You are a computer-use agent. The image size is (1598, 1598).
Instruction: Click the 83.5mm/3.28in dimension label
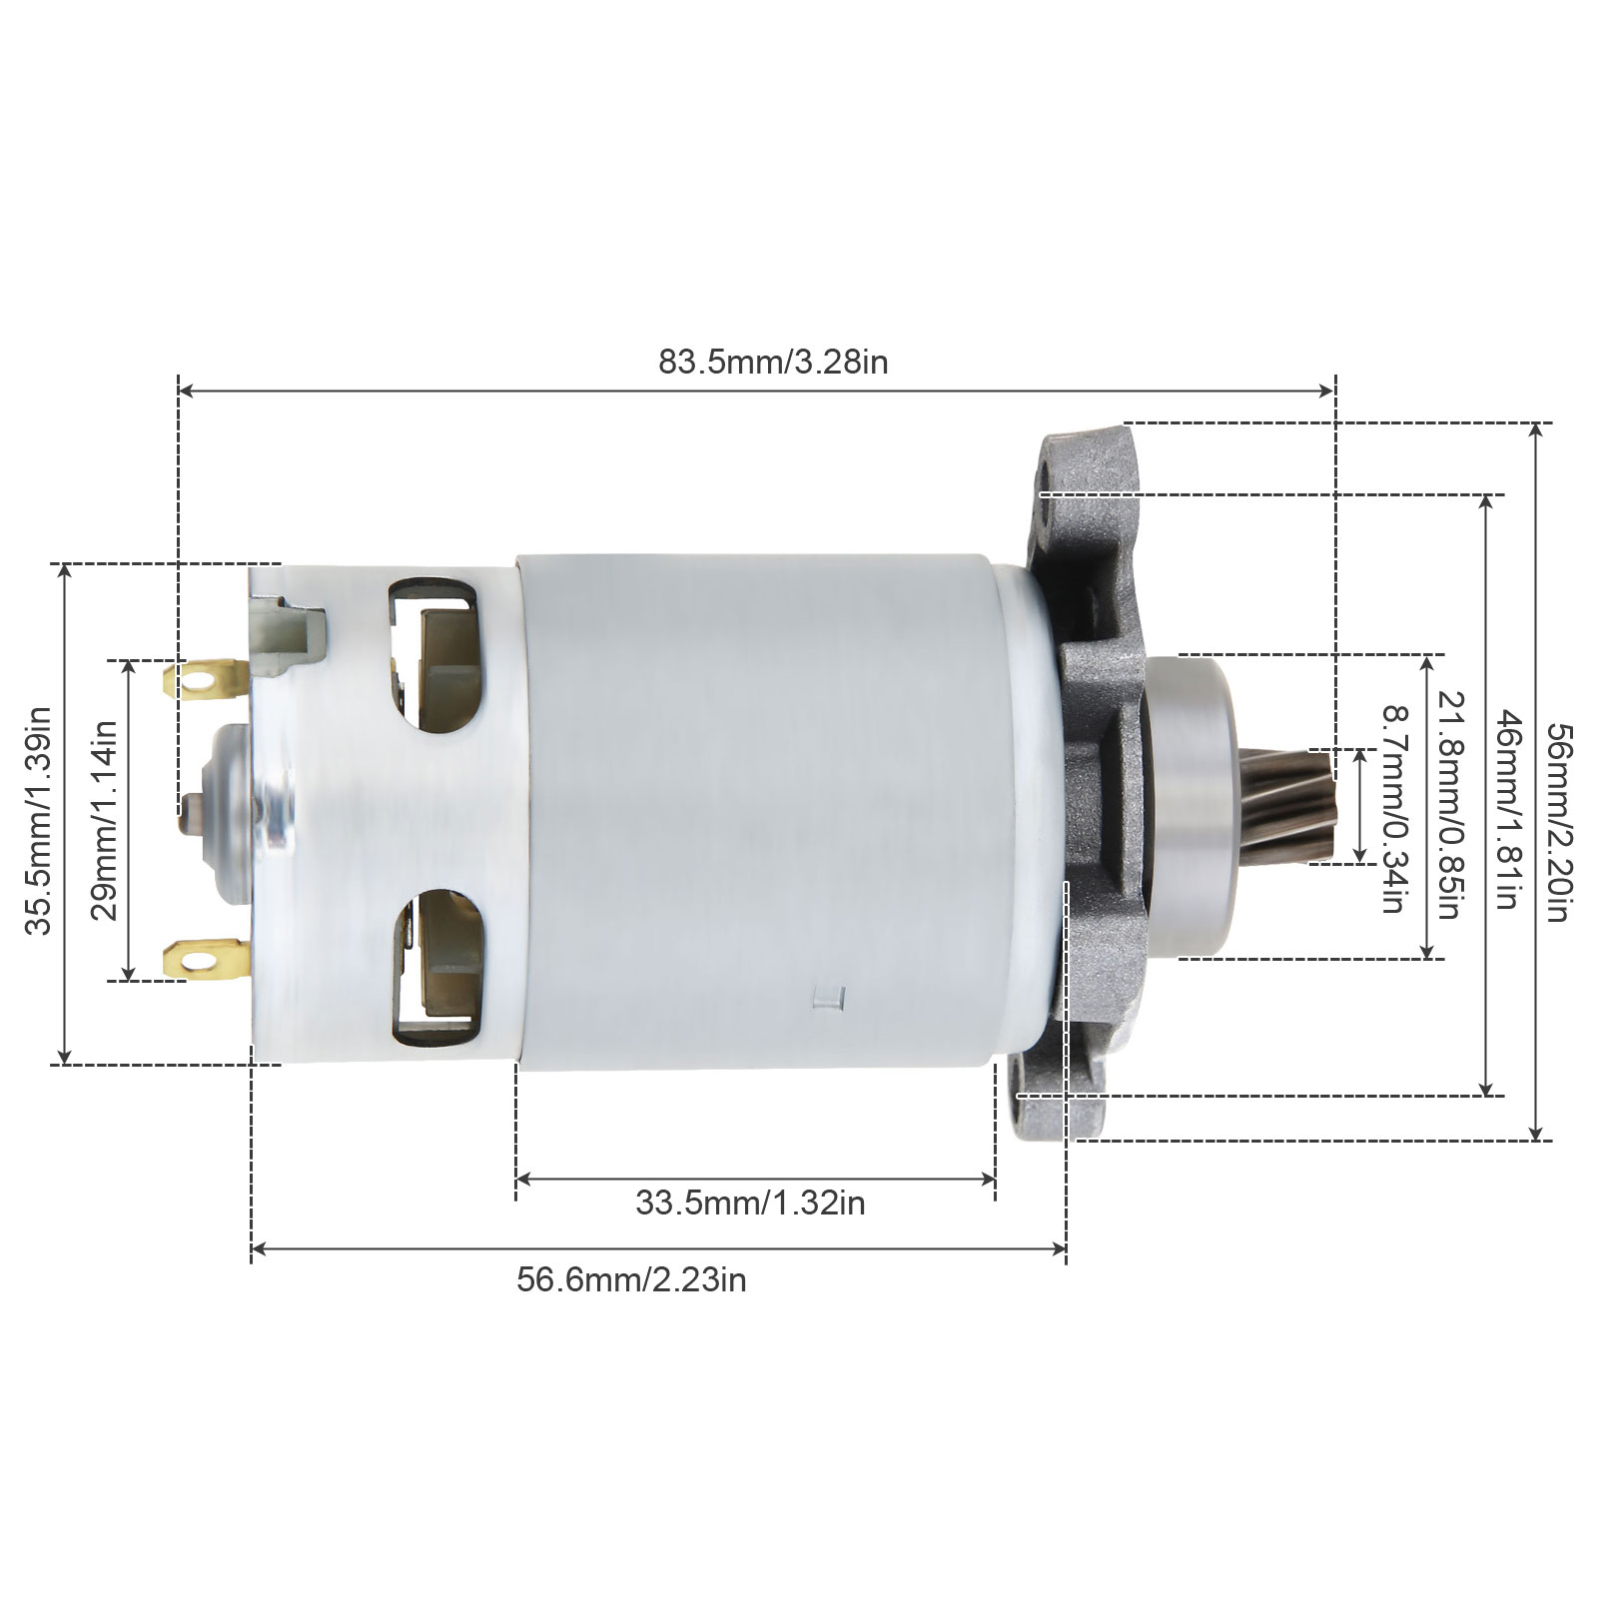772,362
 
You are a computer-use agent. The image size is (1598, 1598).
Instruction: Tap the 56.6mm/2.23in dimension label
631,1279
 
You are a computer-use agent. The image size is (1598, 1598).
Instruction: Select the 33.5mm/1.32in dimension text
750,1202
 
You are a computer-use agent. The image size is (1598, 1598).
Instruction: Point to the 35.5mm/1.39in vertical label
39,821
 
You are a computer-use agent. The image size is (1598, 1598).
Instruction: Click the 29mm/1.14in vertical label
104,820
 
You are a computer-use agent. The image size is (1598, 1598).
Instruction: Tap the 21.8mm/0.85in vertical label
1450,805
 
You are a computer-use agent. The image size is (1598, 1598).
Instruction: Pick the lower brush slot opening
437,964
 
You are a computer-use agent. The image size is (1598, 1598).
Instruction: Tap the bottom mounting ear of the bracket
1059,1108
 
